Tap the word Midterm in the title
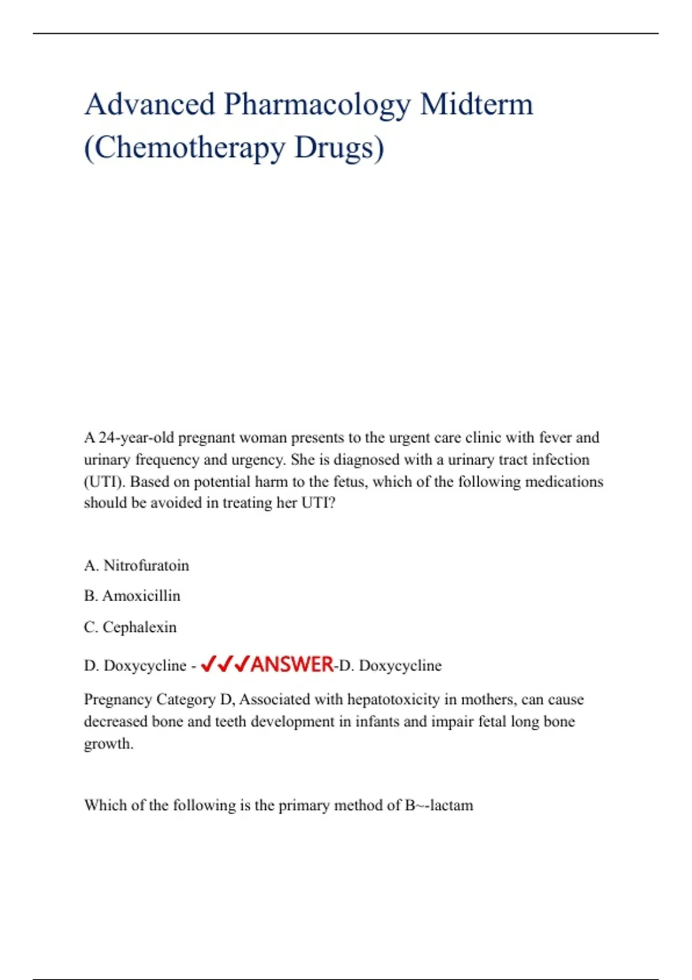pyautogui.click(x=476, y=104)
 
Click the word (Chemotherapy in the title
pyautogui.click(x=185, y=148)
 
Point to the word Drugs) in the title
pyautogui.click(x=339, y=148)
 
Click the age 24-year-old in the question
pyautogui.click(x=136, y=438)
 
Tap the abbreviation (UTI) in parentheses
pyautogui.click(x=104, y=482)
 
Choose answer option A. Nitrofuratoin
pyautogui.click(x=137, y=566)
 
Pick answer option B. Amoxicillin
pyautogui.click(x=132, y=595)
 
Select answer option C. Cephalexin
pyautogui.click(x=130, y=627)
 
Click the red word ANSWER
pyautogui.click(x=292, y=665)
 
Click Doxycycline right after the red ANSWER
pyautogui.click(x=400, y=666)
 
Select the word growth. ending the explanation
pyautogui.click(x=108, y=744)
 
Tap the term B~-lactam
pyautogui.click(x=439, y=805)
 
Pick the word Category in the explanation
pyautogui.click(x=186, y=700)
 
